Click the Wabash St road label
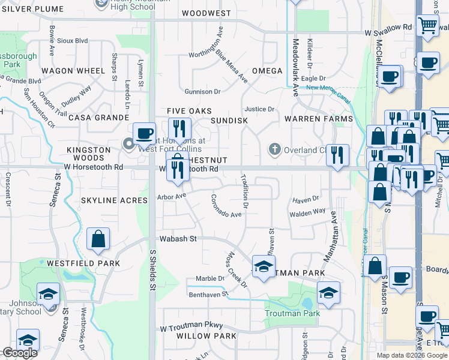click(177, 239)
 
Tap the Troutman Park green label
click(292, 313)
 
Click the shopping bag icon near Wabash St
click(98, 239)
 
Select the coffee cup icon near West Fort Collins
click(145, 133)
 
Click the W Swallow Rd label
click(389, 28)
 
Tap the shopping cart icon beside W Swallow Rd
click(427, 26)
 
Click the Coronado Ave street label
click(226, 206)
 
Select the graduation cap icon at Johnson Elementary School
click(48, 294)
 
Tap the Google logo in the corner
click(19, 353)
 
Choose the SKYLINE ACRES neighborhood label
click(114, 200)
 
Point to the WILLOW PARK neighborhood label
click(206, 336)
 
